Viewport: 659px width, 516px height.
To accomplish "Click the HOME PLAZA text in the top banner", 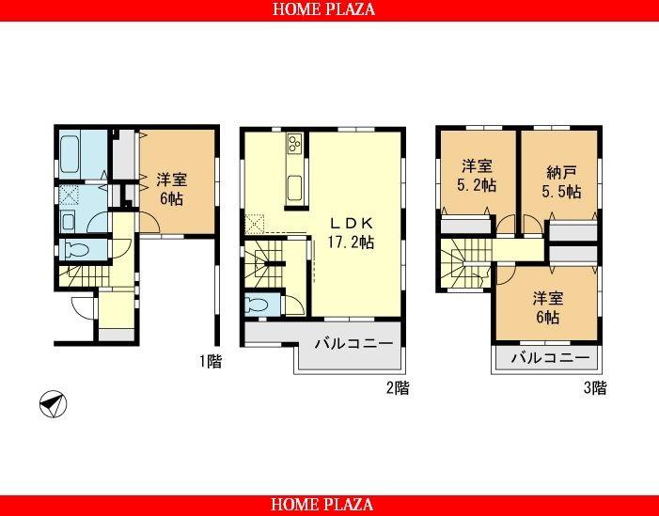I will pos(324,10).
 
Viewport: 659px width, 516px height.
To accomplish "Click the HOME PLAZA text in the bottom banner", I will pos(324,505).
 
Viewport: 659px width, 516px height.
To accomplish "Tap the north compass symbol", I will pos(53,405).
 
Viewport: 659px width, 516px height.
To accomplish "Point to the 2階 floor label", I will pos(396,387).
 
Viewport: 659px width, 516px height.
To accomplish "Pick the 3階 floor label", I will pos(593,387).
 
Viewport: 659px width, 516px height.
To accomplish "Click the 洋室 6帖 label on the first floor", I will pos(169,188).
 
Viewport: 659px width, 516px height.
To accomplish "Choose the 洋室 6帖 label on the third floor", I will pos(547,307).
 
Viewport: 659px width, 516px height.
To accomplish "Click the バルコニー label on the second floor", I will pos(353,344).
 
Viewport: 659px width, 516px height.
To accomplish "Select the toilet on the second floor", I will pos(259,305).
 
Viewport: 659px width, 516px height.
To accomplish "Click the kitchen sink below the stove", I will pos(294,184).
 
